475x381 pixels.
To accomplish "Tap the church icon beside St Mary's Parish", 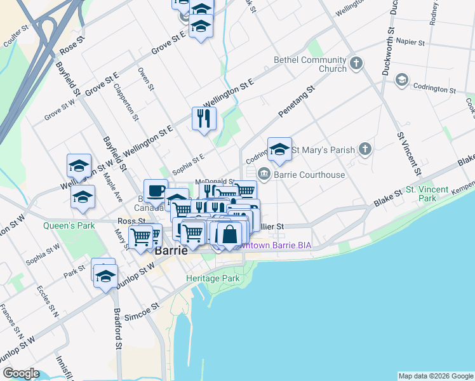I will (x=365, y=150).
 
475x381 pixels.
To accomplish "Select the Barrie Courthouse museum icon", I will (x=264, y=173).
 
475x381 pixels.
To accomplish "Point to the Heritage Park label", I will (x=213, y=278).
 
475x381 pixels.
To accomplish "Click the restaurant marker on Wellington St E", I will (x=204, y=118).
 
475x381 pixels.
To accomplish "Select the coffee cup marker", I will (x=156, y=190).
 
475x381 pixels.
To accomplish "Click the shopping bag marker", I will (x=229, y=234).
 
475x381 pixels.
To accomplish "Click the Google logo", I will (x=21, y=373).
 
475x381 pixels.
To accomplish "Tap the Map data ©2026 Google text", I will (x=435, y=376).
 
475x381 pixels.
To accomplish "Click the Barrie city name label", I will (x=171, y=250).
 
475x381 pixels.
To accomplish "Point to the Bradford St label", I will (x=117, y=328).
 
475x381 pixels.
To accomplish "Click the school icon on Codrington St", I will (x=401, y=80).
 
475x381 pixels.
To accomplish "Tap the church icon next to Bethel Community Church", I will (x=356, y=63).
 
